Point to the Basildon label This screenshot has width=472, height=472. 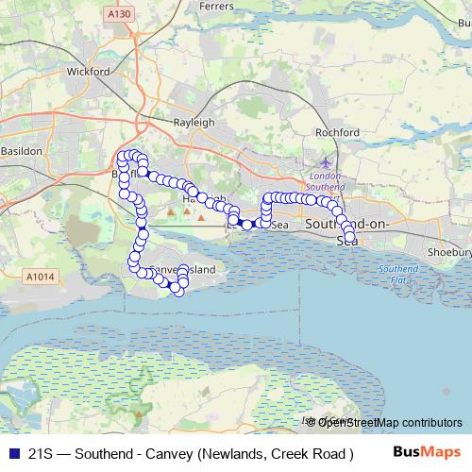tap(21, 151)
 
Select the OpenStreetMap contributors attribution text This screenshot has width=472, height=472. tap(389, 422)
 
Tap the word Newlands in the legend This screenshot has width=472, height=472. tap(234, 453)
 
